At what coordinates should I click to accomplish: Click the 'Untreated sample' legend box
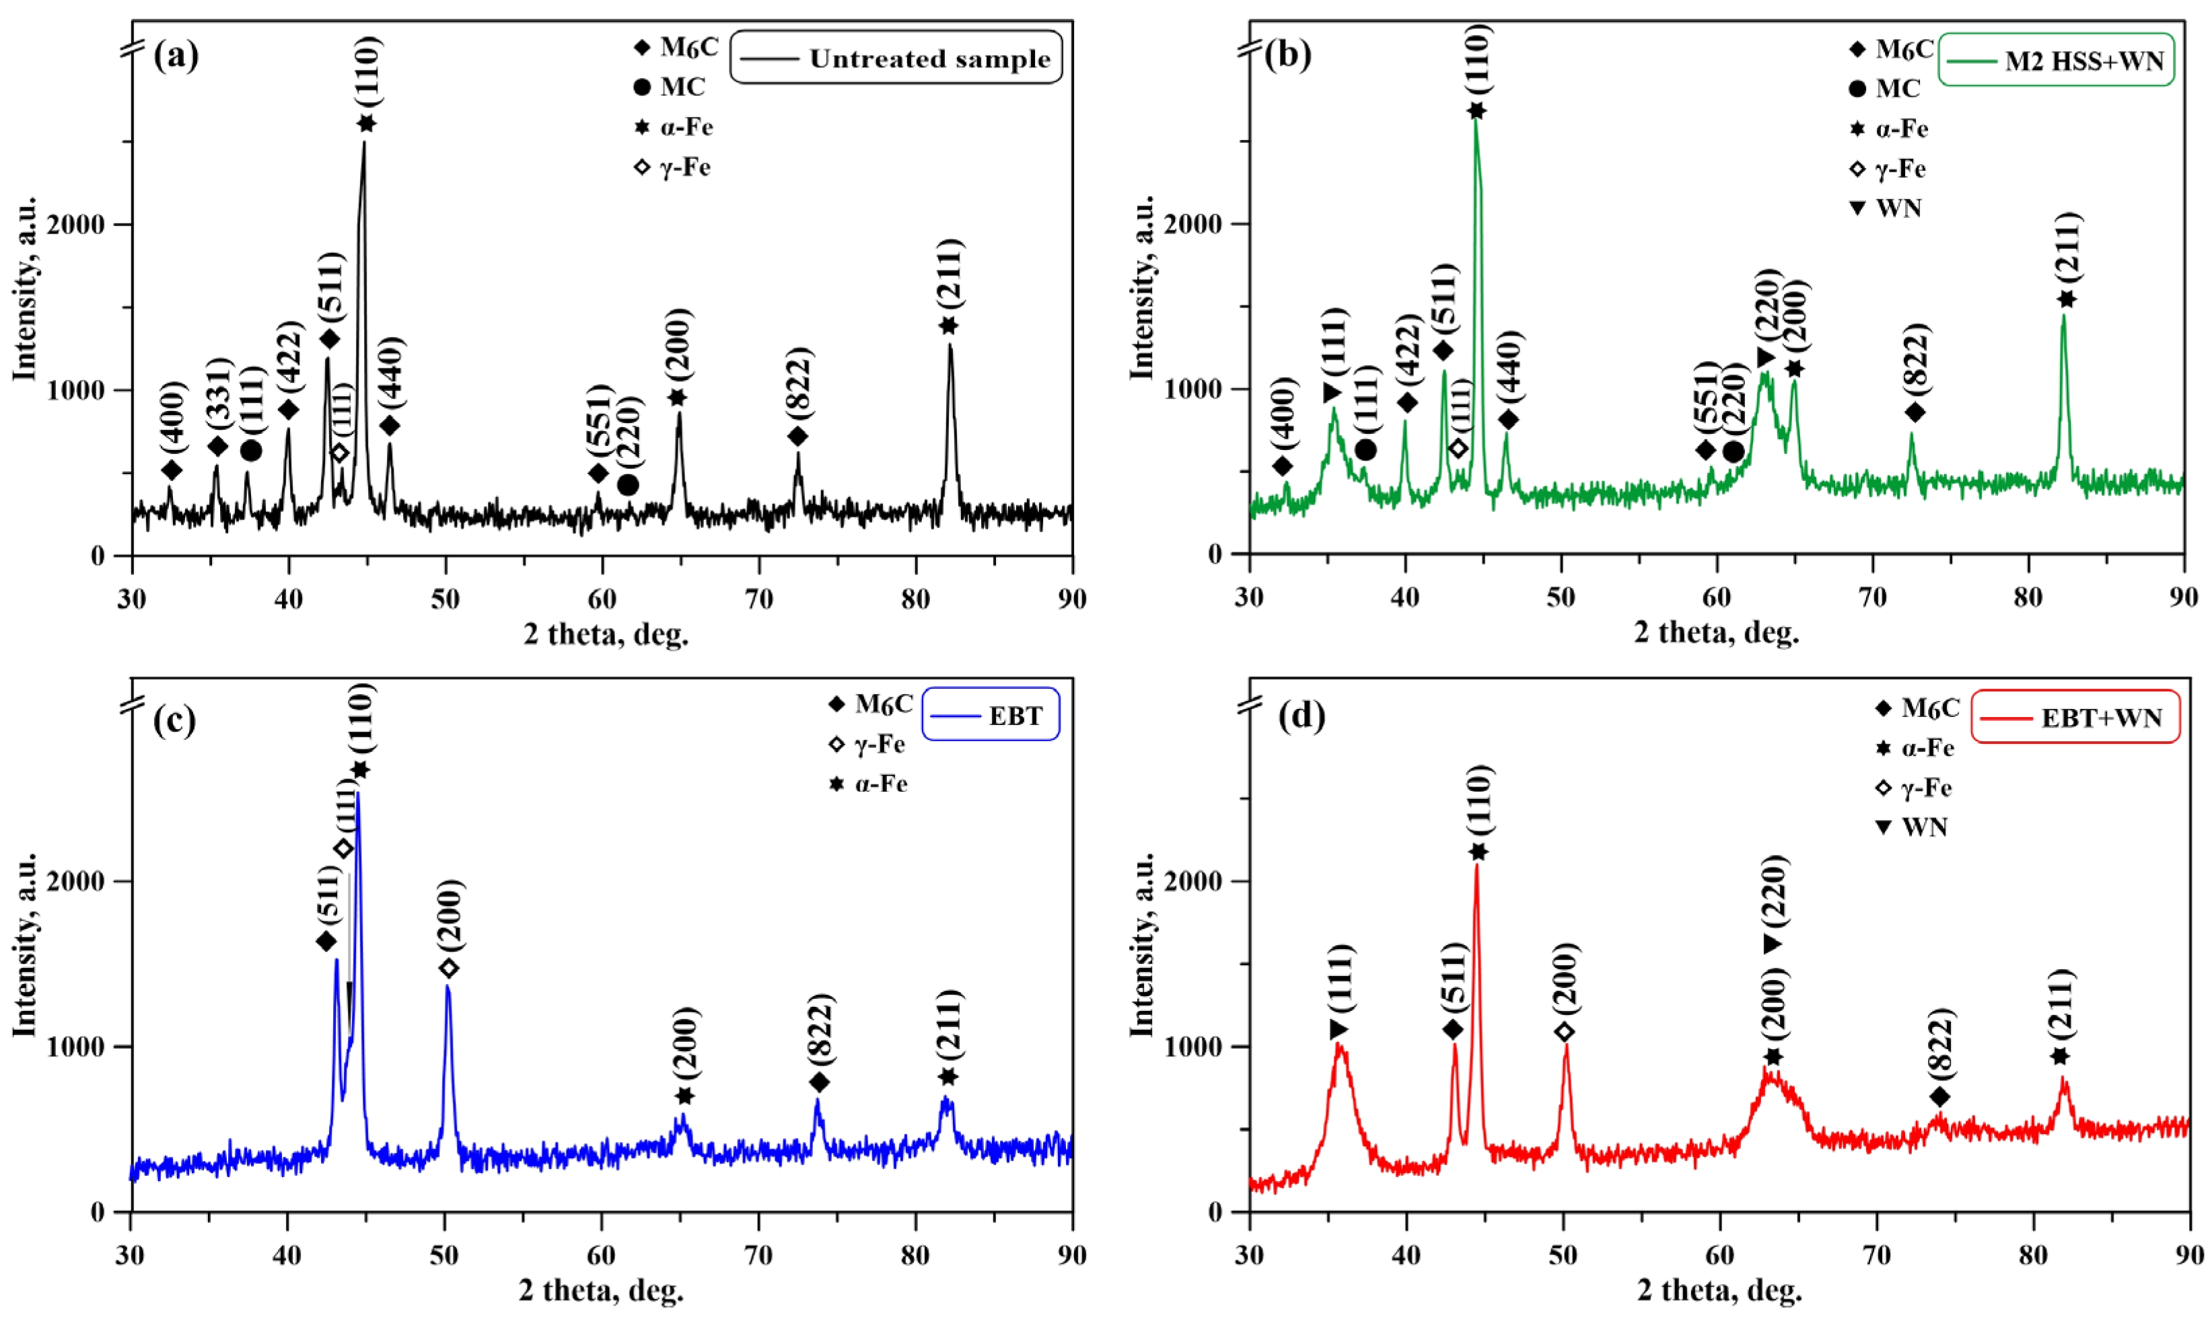tap(896, 59)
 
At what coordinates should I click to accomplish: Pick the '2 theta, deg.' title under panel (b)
tap(1716, 633)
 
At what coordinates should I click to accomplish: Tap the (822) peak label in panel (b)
tap(1915, 358)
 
